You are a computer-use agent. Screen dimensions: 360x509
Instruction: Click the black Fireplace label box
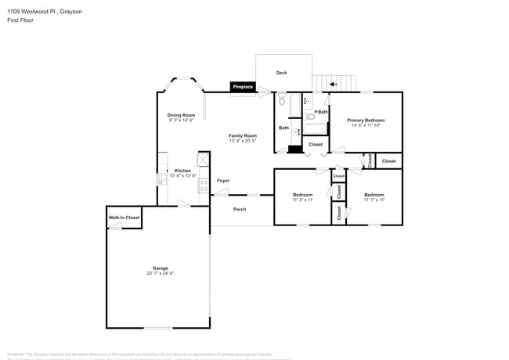click(x=242, y=87)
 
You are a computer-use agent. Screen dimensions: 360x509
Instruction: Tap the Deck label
click(x=281, y=73)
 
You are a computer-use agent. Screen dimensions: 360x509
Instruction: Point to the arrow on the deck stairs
click(x=333, y=84)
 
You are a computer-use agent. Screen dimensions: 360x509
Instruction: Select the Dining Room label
click(x=181, y=115)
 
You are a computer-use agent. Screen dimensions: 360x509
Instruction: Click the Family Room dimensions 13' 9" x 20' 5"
click(x=243, y=141)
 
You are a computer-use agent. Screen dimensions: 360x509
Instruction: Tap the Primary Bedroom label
click(x=366, y=120)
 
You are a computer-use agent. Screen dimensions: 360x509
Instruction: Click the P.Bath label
click(x=321, y=112)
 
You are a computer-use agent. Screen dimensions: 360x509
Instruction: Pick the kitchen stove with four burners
click(x=204, y=185)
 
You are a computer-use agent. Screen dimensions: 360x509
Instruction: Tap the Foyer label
click(x=223, y=181)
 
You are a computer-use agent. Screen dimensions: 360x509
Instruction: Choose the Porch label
click(x=240, y=209)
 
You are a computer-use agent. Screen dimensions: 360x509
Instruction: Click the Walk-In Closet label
click(x=124, y=217)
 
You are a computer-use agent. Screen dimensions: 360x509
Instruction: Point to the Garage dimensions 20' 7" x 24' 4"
click(x=160, y=273)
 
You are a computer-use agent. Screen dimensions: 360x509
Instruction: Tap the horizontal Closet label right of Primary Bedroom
click(x=388, y=161)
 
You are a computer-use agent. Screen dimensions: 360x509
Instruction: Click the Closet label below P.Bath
click(x=316, y=145)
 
